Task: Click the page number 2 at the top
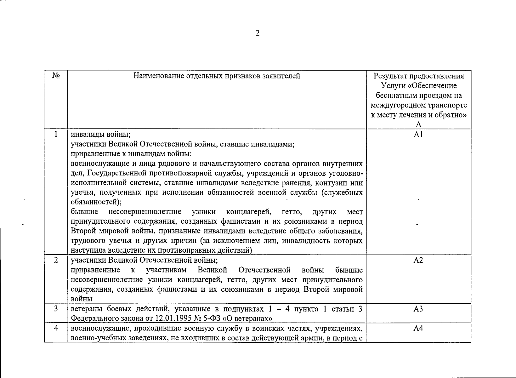pos(258,33)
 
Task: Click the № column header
pos(56,76)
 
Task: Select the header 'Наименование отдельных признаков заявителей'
pos(217,76)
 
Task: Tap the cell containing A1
pos(418,135)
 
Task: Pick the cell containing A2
pos(418,260)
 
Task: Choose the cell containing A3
pos(418,309)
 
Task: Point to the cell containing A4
pos(418,328)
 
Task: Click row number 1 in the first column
pos(56,135)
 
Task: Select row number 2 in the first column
pos(56,260)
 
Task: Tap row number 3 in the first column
pos(56,309)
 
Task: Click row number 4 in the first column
pos(56,328)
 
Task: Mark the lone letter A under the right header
pos(418,124)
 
